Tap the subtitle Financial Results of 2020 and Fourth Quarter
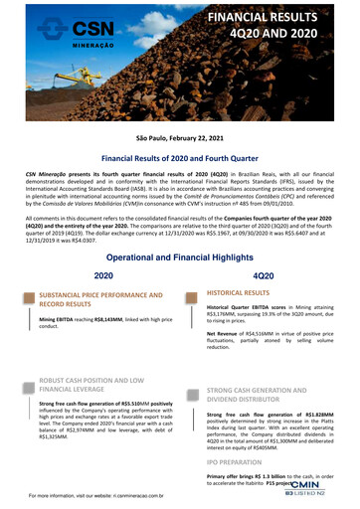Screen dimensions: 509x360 pyautogui.click(x=179, y=158)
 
